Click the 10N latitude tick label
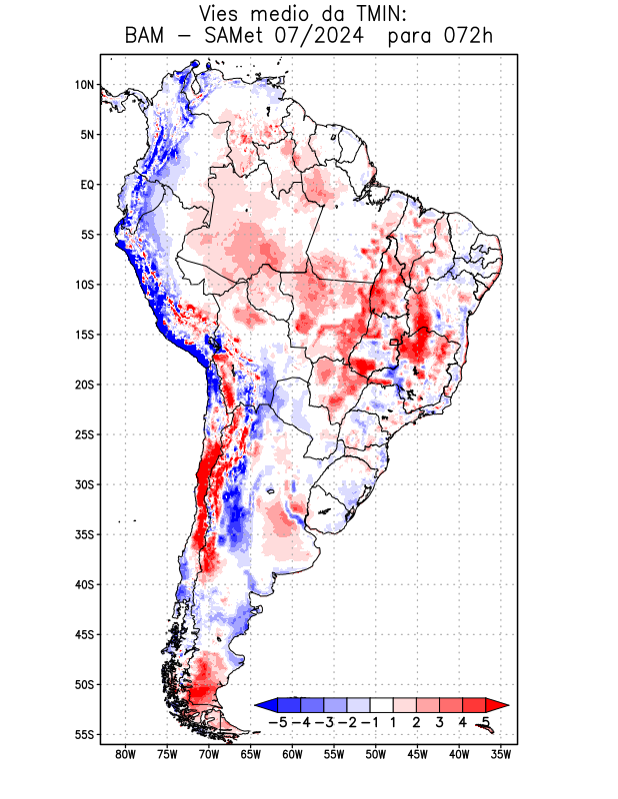click(84, 85)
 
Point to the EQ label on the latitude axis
click(86, 185)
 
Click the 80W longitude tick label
click(125, 754)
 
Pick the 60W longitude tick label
click(292, 754)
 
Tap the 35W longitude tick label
click(501, 754)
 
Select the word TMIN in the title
click(379, 14)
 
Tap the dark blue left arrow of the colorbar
click(263, 705)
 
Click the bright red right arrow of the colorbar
click(499, 705)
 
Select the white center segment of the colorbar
click(381, 705)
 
